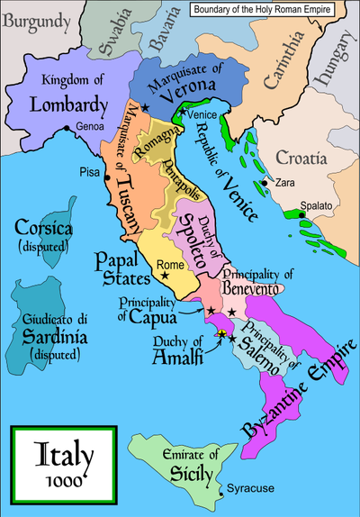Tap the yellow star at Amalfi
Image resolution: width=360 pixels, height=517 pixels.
[x=220, y=334]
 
